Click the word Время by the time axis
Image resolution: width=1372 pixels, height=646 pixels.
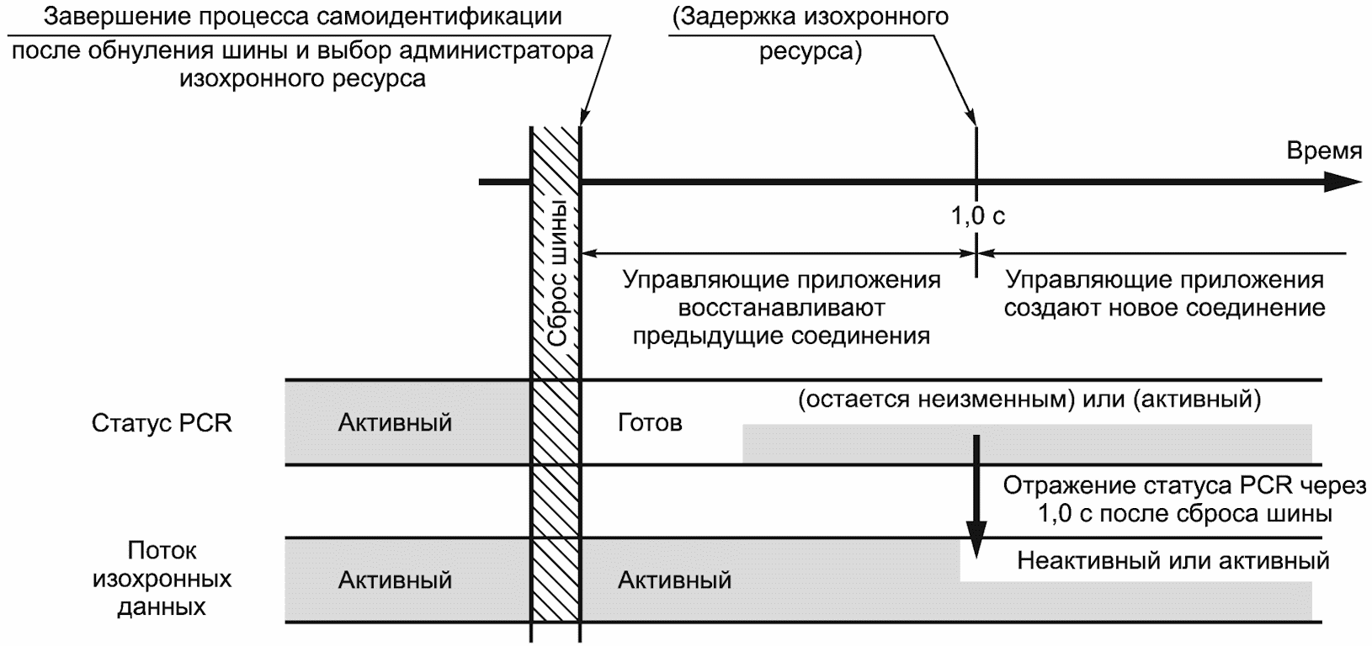[1324, 151]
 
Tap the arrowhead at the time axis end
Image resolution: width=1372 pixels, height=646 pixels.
[1342, 182]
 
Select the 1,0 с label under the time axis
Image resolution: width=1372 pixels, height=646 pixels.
[977, 215]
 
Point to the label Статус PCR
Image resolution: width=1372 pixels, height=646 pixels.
[162, 423]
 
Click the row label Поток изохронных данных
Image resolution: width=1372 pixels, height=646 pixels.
[162, 579]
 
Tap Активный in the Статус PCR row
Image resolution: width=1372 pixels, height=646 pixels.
[395, 422]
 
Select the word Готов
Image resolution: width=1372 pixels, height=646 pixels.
[650, 422]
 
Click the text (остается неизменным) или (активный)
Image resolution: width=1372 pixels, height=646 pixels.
[1029, 400]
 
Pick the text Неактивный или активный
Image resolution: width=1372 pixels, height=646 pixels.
[1173, 560]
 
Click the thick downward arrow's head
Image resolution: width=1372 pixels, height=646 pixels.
[976, 539]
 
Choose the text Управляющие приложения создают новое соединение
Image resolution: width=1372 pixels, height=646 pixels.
[1164, 294]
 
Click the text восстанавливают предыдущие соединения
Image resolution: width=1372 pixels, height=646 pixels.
[782, 321]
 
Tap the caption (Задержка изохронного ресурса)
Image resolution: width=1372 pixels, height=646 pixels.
[811, 34]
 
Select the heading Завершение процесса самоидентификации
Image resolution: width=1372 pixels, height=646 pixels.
[302, 17]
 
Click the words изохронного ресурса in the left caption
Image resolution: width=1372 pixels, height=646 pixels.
[302, 79]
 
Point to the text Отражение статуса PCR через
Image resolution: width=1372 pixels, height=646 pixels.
[1184, 485]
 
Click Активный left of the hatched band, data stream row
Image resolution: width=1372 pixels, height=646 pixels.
[395, 580]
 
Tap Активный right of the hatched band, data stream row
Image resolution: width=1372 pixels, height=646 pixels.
[674, 580]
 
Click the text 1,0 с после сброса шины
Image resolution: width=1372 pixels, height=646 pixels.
[1184, 513]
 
